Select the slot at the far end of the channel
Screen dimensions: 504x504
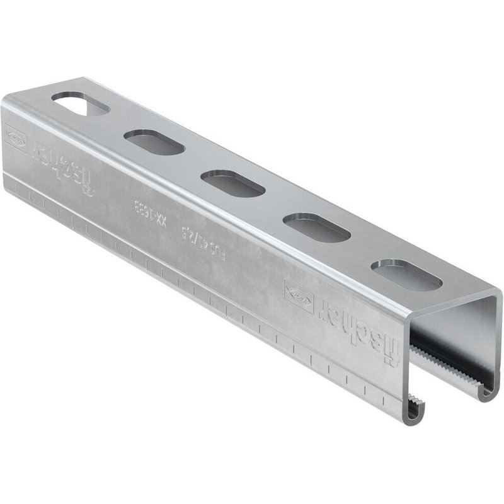point(81,104)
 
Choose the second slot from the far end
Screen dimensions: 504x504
point(154,142)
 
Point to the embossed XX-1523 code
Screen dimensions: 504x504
point(151,215)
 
